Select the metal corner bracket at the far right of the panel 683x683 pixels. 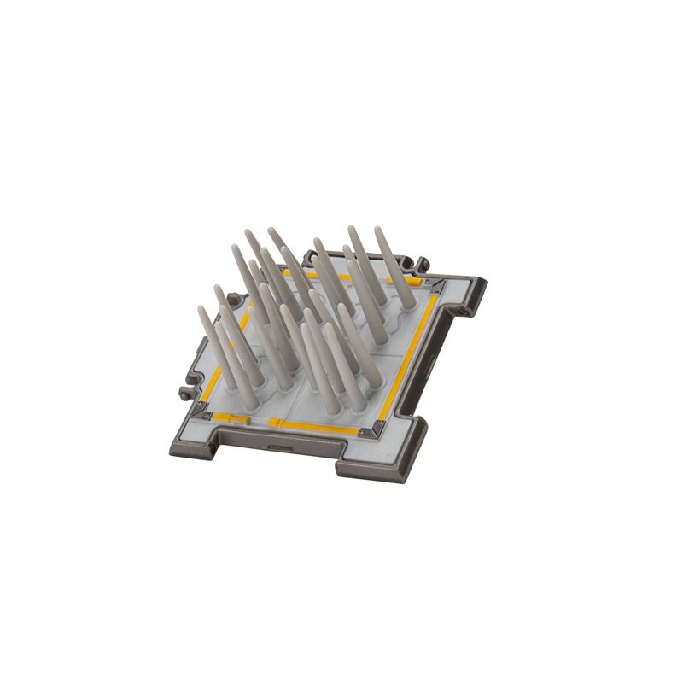point(437,283)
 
